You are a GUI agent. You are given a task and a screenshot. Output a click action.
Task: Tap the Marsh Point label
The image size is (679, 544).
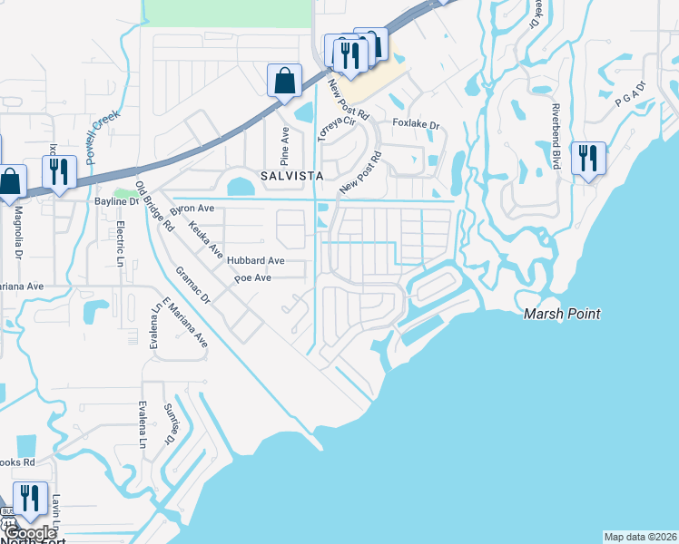tap(563, 315)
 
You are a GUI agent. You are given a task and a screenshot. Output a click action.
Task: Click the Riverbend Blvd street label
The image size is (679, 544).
tap(554, 136)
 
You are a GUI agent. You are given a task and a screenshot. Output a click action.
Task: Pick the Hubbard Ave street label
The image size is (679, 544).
tap(256, 260)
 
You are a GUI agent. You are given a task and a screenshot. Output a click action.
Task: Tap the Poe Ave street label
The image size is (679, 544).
tap(253, 278)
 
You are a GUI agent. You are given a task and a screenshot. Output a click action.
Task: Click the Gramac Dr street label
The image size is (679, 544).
tap(192, 285)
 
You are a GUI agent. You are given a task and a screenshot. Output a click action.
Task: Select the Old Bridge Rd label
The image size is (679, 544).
tap(153, 207)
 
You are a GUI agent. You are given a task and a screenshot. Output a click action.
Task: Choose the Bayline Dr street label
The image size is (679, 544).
tap(116, 201)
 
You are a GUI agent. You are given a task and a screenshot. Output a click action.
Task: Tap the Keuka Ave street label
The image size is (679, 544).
tap(205, 235)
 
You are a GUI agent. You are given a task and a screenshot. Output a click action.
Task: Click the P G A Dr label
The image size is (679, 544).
tap(629, 94)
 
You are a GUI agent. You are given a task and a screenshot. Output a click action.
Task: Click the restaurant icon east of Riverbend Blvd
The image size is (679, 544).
tap(588, 159)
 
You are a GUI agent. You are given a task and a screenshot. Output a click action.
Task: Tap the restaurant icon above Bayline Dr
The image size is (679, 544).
tap(59, 172)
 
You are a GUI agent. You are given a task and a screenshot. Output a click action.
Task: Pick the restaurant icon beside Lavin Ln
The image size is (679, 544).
tap(30, 500)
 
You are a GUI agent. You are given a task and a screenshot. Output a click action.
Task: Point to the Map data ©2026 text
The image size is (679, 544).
tap(640, 537)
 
